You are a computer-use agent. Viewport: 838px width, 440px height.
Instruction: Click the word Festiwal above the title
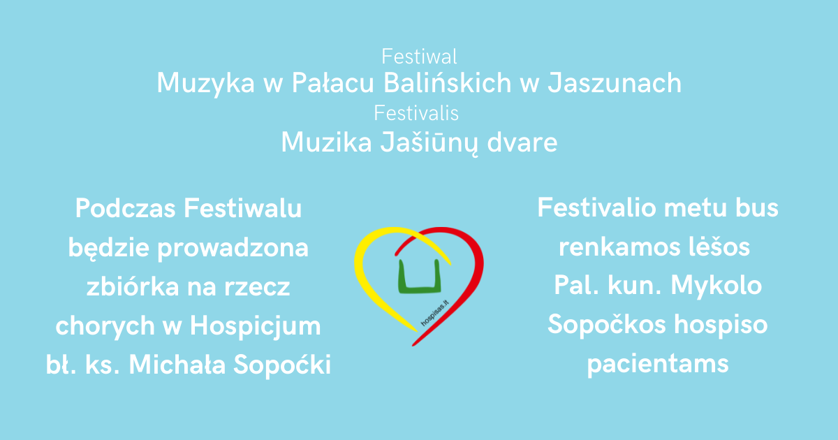pyautogui.click(x=419, y=57)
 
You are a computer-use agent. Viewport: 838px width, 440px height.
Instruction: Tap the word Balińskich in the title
pyautogui.click(x=448, y=82)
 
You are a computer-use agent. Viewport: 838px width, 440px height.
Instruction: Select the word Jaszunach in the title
pyautogui.click(x=615, y=82)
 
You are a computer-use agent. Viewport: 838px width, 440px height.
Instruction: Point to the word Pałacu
pyautogui.click(x=332, y=82)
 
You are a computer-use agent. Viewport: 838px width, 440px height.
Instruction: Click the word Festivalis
pyautogui.click(x=416, y=113)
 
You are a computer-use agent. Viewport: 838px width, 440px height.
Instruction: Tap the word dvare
pyautogui.click(x=522, y=142)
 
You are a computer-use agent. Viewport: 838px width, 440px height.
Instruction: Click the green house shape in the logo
pyautogui.click(x=420, y=276)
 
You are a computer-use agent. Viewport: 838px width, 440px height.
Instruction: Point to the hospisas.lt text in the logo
pyautogui.click(x=434, y=313)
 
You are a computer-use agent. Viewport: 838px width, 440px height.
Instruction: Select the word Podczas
pyautogui.click(x=125, y=208)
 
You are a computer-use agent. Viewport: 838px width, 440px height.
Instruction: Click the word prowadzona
pyautogui.click(x=233, y=249)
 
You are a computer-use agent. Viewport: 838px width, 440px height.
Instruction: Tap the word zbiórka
pyautogui.click(x=133, y=286)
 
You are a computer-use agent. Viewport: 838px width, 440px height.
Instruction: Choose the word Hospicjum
pyautogui.click(x=255, y=326)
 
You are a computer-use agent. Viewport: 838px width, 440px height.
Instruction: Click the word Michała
pyautogui.click(x=177, y=365)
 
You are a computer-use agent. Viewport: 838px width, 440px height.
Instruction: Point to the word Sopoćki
pyautogui.click(x=282, y=365)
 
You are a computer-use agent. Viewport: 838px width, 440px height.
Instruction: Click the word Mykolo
pyautogui.click(x=716, y=286)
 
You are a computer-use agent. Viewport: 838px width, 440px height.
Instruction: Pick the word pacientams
pyautogui.click(x=658, y=365)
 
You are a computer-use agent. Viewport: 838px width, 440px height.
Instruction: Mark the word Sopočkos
pyautogui.click(x=607, y=324)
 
